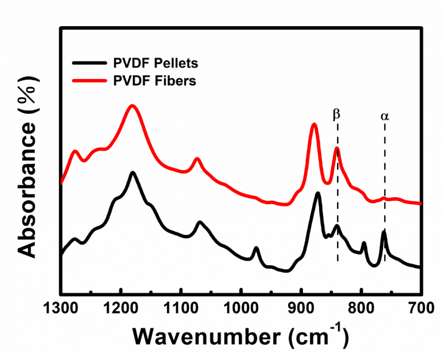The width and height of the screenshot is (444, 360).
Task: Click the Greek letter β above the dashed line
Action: (336, 115)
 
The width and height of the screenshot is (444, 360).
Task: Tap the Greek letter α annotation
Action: (384, 116)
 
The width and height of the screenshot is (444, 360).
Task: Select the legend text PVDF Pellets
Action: (154, 63)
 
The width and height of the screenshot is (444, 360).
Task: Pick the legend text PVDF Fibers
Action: (153, 80)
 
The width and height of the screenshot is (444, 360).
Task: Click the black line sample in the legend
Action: (88, 63)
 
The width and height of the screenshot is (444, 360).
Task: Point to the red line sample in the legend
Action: (88, 80)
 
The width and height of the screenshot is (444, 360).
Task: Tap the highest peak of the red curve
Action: (132, 106)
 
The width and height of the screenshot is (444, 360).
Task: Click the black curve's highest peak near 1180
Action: (133, 173)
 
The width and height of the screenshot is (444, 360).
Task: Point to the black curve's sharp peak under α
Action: (383, 231)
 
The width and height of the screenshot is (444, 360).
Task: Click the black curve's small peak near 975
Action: (256, 248)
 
